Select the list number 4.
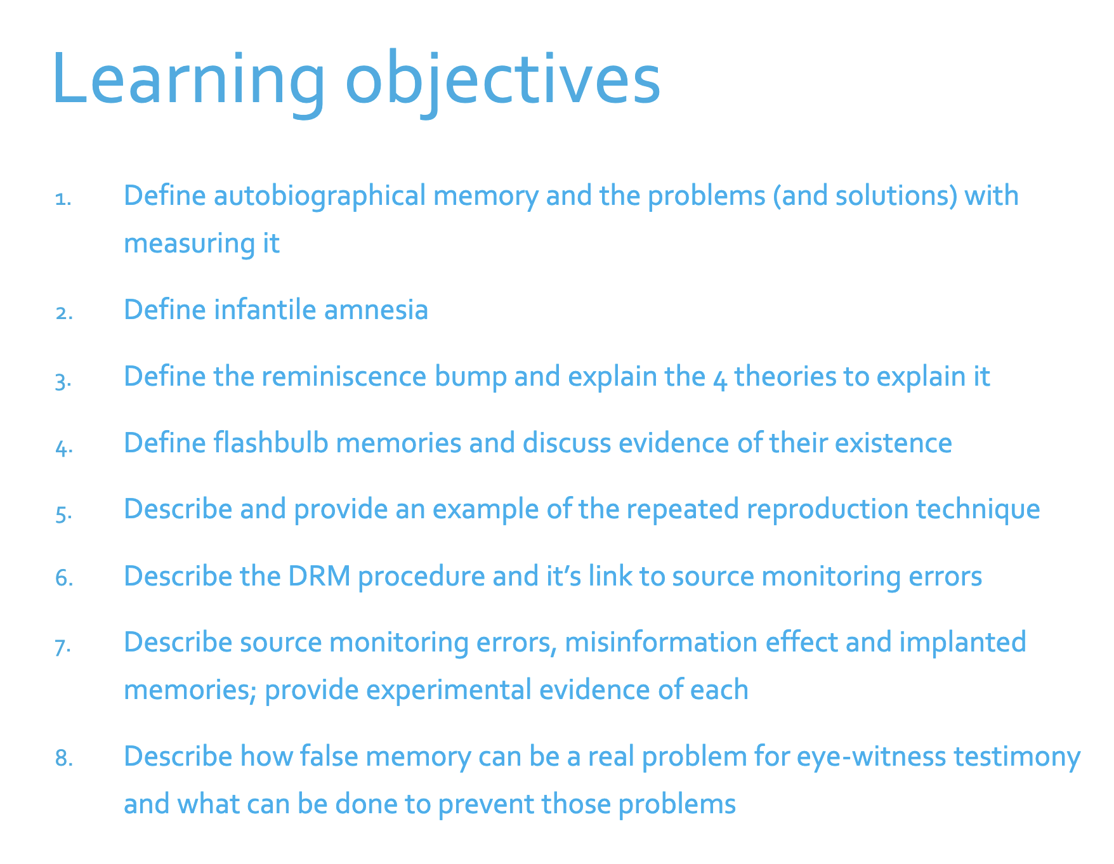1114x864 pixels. click(64, 447)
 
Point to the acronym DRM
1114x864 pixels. click(319, 576)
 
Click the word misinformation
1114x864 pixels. click(660, 642)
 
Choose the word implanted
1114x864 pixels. click(962, 643)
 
